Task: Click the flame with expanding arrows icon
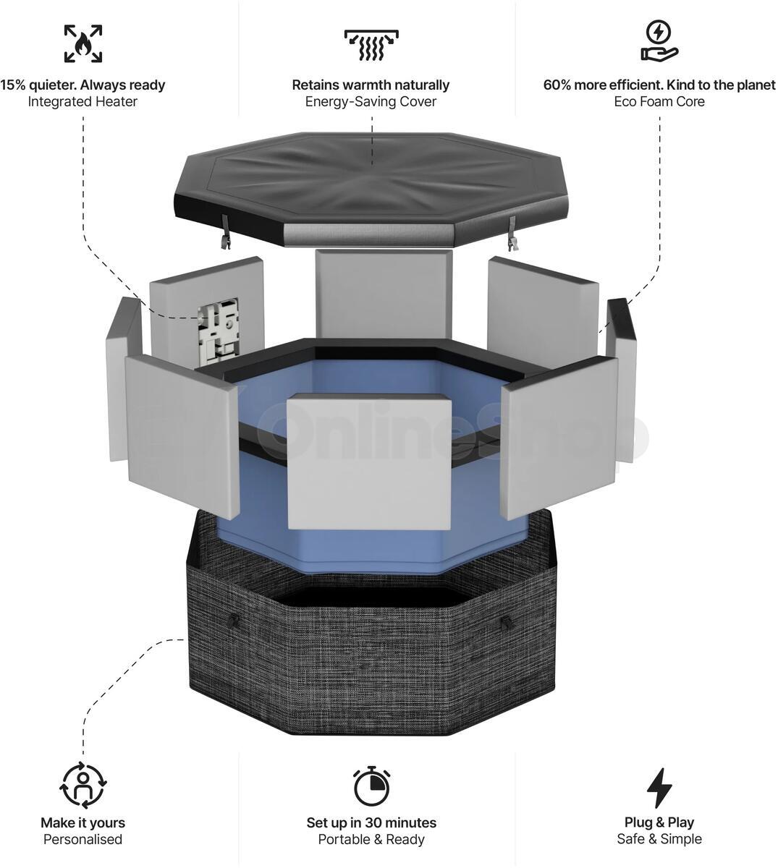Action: [83, 43]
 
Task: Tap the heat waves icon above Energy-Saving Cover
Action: [371, 45]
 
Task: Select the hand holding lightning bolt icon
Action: [659, 41]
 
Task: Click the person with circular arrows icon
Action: [83, 785]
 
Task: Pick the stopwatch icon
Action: [372, 786]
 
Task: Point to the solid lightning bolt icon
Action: [659, 788]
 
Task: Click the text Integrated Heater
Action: [83, 101]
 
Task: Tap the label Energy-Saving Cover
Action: [371, 102]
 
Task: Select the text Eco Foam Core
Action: [659, 101]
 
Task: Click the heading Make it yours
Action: [83, 822]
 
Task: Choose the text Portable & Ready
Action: [371, 839]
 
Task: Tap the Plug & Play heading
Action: [659, 822]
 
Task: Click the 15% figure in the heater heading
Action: [13, 85]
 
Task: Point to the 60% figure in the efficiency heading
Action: [557, 85]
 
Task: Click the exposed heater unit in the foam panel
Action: [217, 331]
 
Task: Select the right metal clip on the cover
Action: [512, 234]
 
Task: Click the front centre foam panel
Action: [369, 461]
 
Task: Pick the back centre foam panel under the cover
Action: [384, 294]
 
